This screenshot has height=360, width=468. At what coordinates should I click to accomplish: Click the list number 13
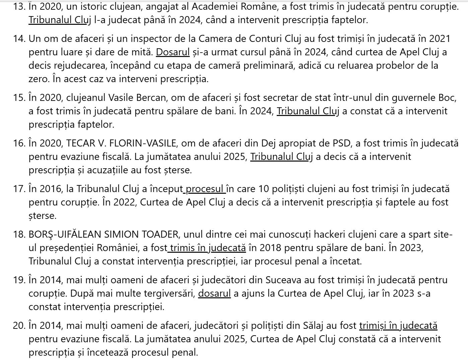[x=19, y=6]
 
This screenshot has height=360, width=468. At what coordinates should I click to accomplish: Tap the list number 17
[x=19, y=189]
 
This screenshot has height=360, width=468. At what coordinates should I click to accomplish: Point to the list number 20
[x=19, y=325]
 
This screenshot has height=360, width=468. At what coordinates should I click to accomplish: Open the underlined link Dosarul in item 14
[x=173, y=52]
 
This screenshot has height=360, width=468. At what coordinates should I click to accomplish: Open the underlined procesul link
[x=205, y=189]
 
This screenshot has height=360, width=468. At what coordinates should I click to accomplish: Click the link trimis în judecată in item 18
[x=207, y=248]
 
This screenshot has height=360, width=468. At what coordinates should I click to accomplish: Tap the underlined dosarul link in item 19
[x=214, y=293]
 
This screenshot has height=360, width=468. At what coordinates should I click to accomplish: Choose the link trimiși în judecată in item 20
[x=398, y=325]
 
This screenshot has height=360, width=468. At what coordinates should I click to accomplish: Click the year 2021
[x=440, y=39]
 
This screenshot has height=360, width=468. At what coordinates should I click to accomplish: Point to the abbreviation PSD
[x=340, y=143]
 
